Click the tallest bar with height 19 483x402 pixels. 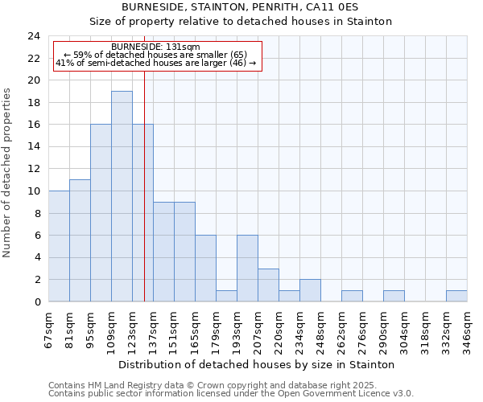pyautogui.click(x=122, y=196)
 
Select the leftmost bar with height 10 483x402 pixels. pyautogui.click(x=59, y=246)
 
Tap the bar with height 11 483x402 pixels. pyautogui.click(x=80, y=240)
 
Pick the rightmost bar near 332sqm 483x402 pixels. pyautogui.click(x=456, y=296)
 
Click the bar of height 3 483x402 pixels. pyautogui.click(x=268, y=285)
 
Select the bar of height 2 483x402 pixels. pyautogui.click(x=310, y=290)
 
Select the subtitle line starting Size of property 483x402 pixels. pyautogui.click(x=241, y=22)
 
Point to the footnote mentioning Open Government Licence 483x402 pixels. pyautogui.click(x=231, y=394)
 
